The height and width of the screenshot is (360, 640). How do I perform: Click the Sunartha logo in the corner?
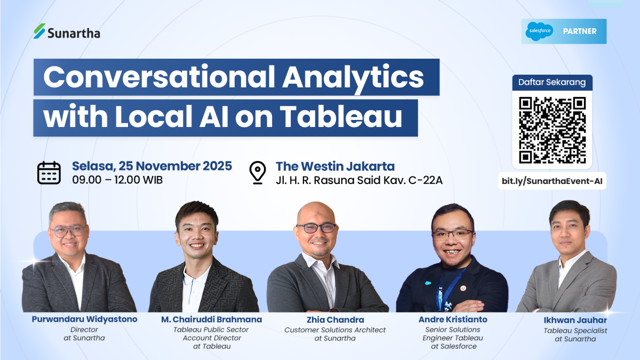pos(66,32)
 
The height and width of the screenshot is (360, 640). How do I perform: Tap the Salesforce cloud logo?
pos(539,31)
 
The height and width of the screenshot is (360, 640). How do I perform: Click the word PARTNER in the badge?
pos(579,31)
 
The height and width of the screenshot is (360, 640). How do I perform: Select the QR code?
pos(553,130)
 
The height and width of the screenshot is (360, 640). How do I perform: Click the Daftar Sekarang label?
pos(552,83)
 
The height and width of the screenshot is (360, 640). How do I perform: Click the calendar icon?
pos(49,172)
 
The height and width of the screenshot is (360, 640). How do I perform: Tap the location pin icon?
pos(258,172)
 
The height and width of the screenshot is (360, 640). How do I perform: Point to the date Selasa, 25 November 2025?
pos(152,166)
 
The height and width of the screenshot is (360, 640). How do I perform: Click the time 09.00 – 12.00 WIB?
pos(117,180)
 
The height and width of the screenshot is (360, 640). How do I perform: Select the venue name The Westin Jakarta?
pos(335,166)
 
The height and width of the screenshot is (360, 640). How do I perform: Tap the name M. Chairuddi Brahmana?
pos(212,319)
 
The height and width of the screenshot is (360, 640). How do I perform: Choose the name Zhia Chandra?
pos(335,320)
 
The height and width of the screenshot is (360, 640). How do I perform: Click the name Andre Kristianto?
pos(452,319)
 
